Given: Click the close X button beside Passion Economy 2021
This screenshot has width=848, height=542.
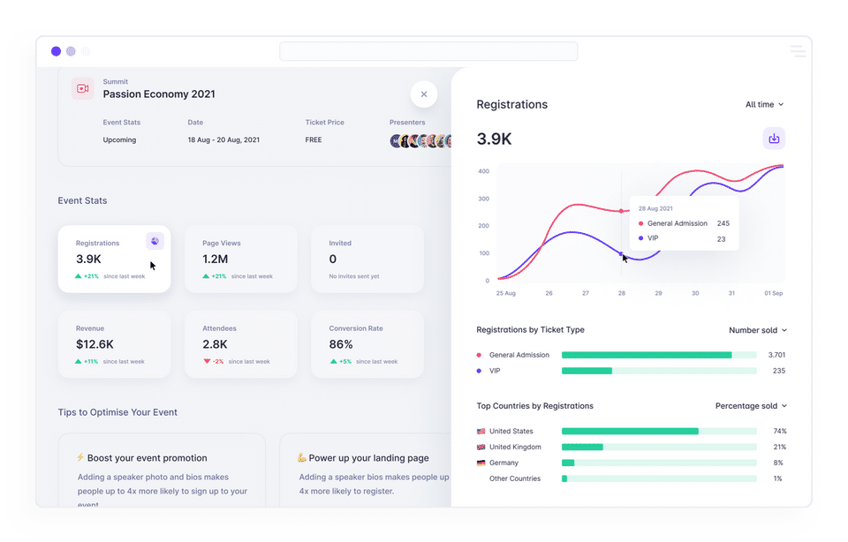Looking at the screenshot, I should pos(424,94).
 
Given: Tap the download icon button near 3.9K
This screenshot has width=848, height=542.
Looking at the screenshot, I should pos(774,139).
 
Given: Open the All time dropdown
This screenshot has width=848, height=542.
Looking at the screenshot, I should pos(764,104).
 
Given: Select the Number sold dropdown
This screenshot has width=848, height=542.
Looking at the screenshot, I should pos(757,330).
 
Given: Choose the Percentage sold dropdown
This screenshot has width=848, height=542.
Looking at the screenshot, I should pos(750,406).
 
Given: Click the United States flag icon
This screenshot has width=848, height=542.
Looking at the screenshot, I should pos(481,432).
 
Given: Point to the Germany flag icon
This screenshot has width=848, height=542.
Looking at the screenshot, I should pos(481,463).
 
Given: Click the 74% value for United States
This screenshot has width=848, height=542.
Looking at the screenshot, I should pos(779,432).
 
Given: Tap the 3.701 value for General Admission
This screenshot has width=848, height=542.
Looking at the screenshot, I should pos(776,355).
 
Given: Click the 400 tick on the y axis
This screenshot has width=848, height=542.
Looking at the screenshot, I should pos(484,171).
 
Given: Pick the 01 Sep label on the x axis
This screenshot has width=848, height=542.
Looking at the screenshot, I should pos(774,293).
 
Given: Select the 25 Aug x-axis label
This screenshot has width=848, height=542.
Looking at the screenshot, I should pos(505,293).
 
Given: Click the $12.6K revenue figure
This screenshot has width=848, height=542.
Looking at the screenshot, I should pos(95,344).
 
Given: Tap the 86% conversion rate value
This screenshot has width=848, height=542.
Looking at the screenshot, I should pos(341,344).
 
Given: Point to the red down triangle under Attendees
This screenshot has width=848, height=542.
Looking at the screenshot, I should pos(207,361).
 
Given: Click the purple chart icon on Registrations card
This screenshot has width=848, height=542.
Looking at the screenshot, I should pos(155,241).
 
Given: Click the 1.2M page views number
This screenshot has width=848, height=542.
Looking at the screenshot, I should pos(216,259).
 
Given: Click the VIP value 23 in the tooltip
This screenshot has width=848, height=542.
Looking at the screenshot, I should pos(721,239).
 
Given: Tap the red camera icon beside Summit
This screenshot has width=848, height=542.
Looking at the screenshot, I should pos(83,88).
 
